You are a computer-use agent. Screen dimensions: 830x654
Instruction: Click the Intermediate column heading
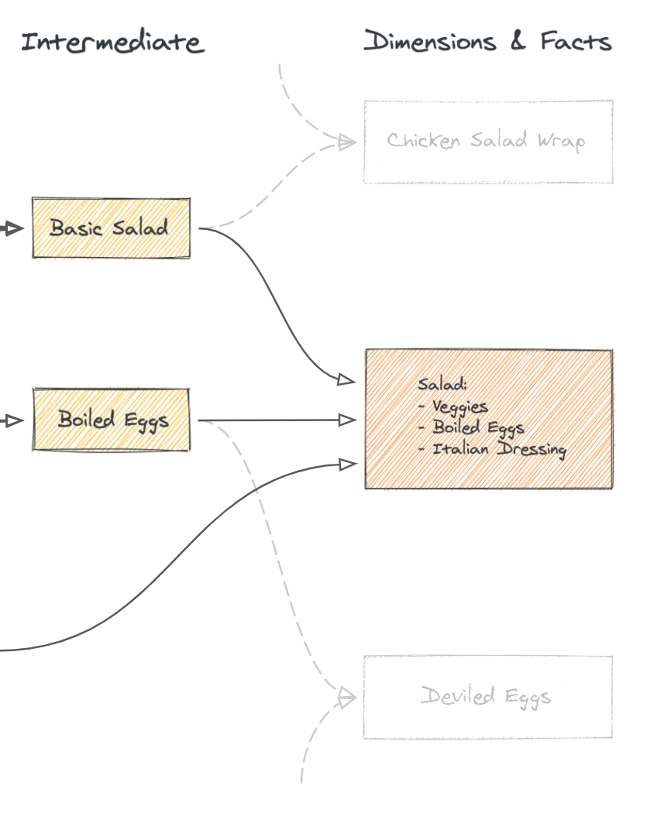pyautogui.click(x=112, y=42)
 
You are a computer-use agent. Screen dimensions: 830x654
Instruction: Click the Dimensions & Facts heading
pyautogui.click(x=487, y=42)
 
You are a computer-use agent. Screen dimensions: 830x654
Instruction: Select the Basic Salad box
pyautogui.click(x=111, y=228)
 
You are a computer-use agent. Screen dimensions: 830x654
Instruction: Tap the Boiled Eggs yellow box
pyautogui.click(x=111, y=420)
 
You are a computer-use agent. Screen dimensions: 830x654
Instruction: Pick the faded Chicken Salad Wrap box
pyautogui.click(x=488, y=142)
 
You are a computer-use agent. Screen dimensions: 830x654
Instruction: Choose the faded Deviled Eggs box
pyautogui.click(x=487, y=697)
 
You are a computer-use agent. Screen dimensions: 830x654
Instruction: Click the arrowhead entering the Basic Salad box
pyautogui.click(x=15, y=228)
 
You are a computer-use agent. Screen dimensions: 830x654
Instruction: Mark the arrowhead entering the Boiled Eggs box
pyautogui.click(x=15, y=420)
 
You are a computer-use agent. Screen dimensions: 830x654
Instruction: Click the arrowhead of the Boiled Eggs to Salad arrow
pyautogui.click(x=348, y=420)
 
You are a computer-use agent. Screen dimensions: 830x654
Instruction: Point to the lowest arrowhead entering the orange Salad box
pyautogui.click(x=348, y=464)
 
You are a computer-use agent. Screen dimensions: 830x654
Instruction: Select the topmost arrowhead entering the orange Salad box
pyautogui.click(x=346, y=379)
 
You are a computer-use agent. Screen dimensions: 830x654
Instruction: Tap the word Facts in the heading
pyautogui.click(x=576, y=42)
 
